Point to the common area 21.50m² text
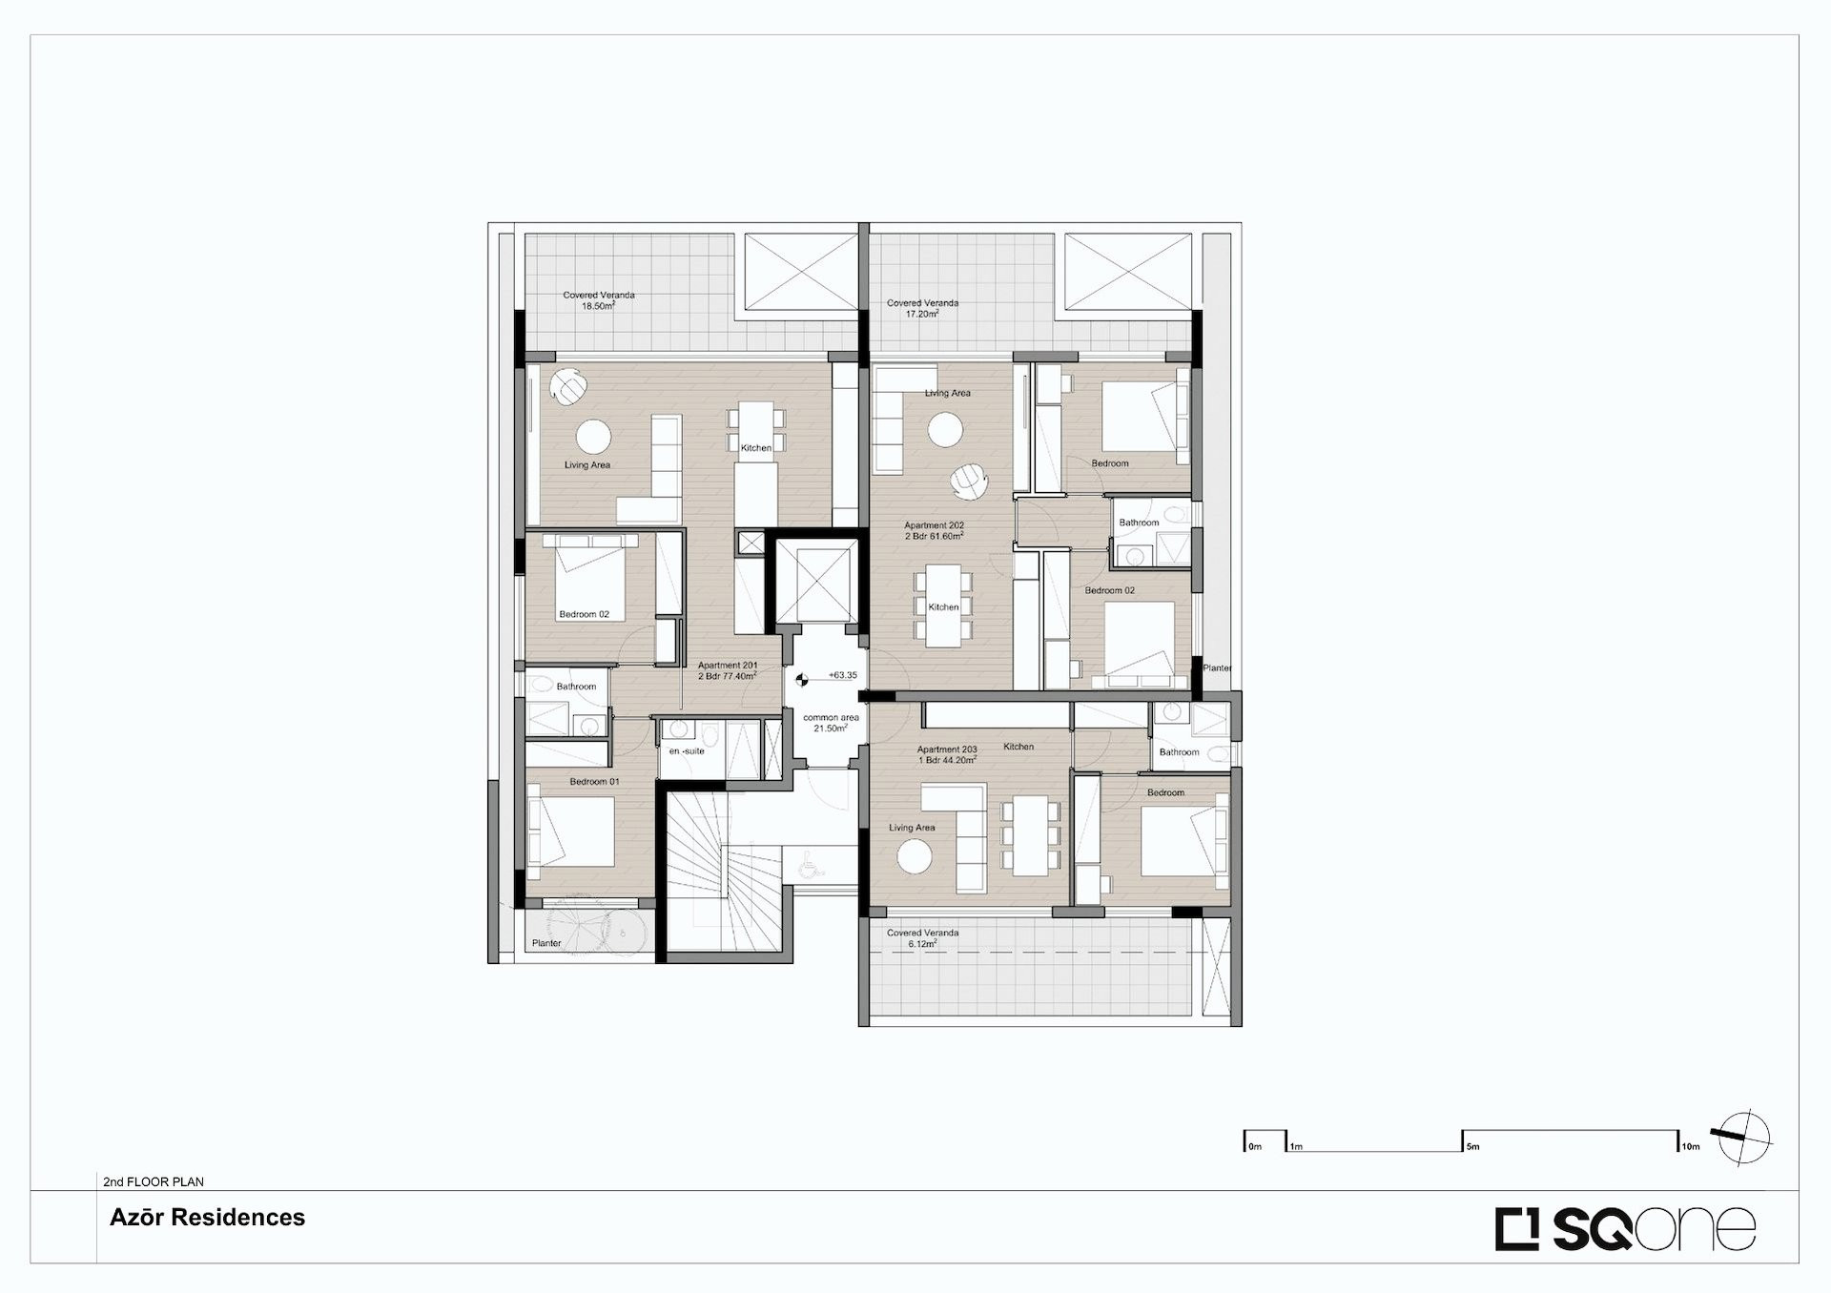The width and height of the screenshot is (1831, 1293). tap(831, 723)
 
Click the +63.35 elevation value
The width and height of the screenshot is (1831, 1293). tap(842, 675)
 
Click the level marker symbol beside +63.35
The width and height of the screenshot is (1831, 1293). tap(802, 679)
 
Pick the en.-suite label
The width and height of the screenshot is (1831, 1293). tap(687, 751)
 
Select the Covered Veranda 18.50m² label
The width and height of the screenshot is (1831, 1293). tap(599, 301)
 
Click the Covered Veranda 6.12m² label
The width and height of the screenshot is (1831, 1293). tap(922, 938)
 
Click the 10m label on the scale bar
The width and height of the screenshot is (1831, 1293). tap(1691, 1146)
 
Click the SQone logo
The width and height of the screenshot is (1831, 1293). tap(1625, 1228)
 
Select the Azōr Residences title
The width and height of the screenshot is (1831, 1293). tap(207, 1218)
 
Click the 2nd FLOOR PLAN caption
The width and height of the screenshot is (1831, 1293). tap(154, 1181)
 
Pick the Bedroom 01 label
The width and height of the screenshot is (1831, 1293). tap(594, 782)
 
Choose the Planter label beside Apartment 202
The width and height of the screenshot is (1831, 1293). tap(1218, 668)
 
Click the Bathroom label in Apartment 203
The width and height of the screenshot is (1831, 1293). tap(1179, 752)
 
